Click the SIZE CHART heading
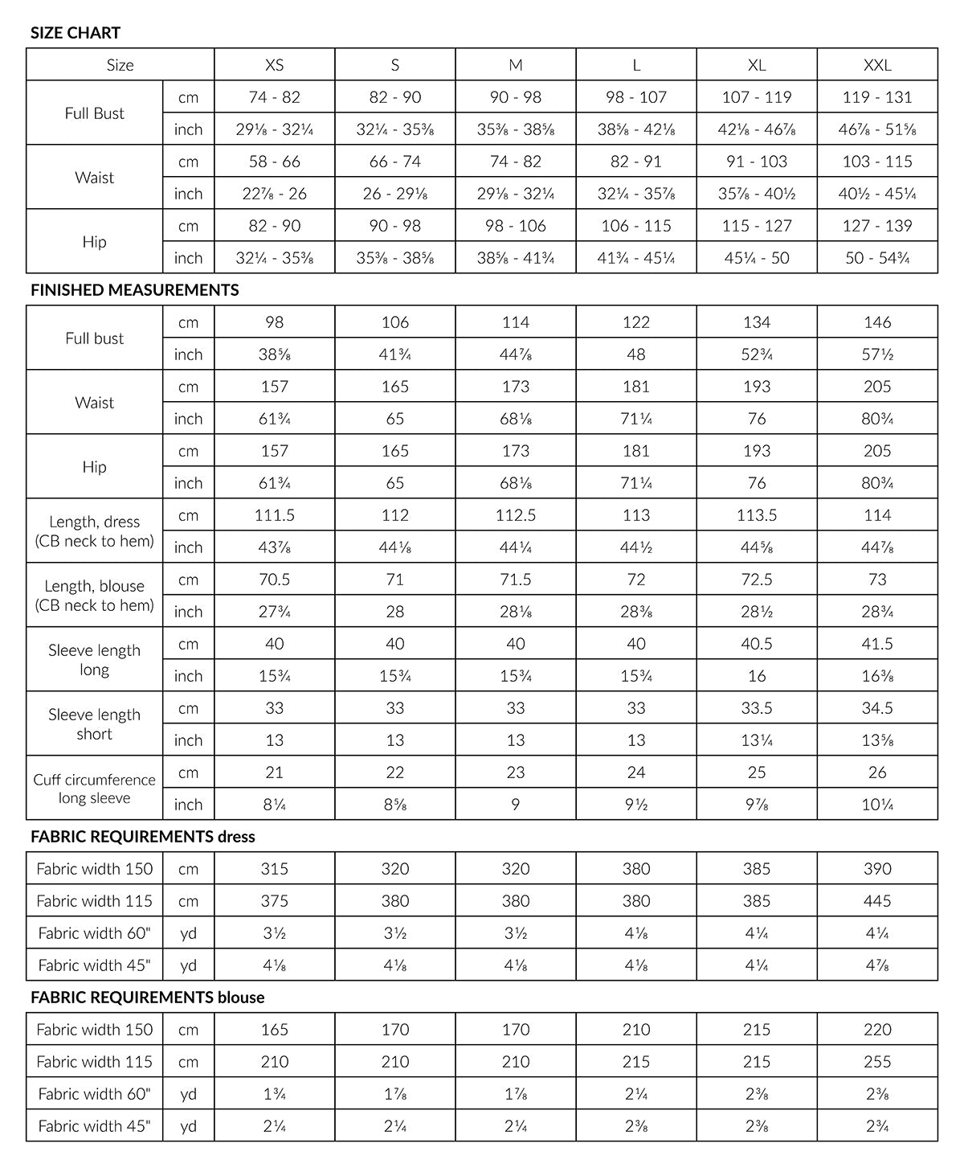pos(76,33)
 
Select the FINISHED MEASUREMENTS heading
pos(134,290)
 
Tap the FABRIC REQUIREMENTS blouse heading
pos(147,998)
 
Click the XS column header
pos(274,65)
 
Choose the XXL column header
pos(877,65)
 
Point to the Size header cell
pos(120,65)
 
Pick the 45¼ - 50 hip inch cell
pos(757,258)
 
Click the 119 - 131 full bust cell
pos(877,97)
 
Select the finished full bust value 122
pos(636,322)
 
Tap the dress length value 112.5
pos(516,515)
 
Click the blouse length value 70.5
pos(274,580)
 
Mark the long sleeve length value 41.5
pos(877,644)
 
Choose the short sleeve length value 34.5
pos(877,708)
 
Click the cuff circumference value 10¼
pos(877,805)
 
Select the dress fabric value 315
pos(274,869)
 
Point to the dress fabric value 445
pos(877,901)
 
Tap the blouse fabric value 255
pos(877,1062)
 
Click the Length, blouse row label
pos(94,596)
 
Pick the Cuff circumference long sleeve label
pos(94,789)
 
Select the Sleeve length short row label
pos(94,724)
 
